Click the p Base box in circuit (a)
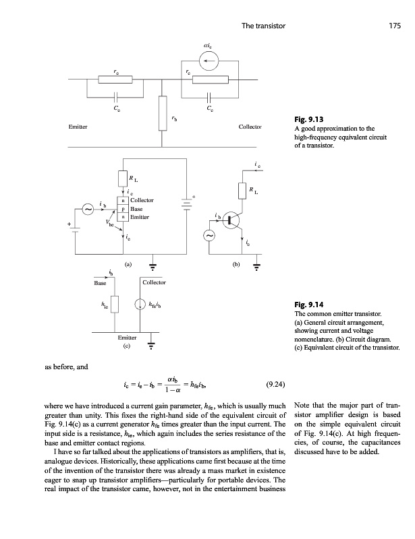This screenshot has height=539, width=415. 122,209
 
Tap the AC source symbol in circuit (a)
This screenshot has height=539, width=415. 88,210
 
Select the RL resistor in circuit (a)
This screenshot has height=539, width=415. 122,179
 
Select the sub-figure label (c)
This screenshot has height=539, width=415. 126,347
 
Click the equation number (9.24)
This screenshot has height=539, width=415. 275,385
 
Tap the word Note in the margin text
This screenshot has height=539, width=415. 304,406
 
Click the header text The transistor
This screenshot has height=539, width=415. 265,26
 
